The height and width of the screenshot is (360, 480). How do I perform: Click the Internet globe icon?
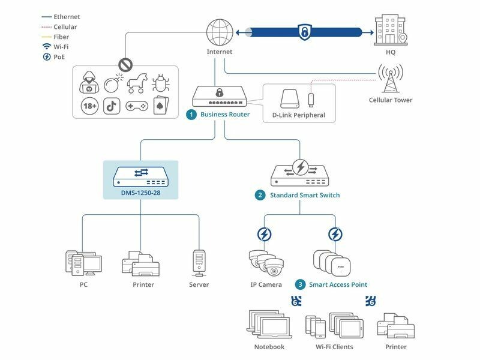pos(219,32)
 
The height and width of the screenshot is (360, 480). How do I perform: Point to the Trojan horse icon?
pos(136,82)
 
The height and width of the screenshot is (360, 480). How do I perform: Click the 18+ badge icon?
pos(90,106)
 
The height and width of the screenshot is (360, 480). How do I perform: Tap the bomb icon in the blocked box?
pos(113,82)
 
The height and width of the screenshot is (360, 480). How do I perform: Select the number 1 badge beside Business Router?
pos(191,115)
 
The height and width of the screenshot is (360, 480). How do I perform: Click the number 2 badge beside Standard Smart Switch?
pos(260,195)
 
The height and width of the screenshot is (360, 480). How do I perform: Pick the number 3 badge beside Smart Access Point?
pos(300,284)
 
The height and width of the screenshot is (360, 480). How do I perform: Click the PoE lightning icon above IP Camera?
pos(264,233)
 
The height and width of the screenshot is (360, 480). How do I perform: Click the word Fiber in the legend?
pos(61,37)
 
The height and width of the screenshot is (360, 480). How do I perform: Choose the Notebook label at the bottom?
pos(269,347)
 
